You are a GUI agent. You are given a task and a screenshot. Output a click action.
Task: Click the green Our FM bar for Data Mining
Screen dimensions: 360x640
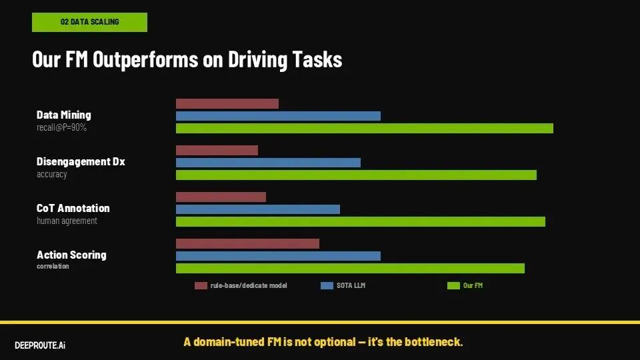(364, 128)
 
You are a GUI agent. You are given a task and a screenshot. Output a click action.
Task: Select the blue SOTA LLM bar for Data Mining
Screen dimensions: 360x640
(278, 116)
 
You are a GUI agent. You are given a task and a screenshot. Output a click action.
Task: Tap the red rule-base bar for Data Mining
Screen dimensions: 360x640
(227, 103)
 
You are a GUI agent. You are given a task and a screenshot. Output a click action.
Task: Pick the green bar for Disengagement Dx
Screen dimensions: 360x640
(356, 175)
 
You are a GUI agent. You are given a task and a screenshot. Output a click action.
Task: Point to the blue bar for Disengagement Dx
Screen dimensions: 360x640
(268, 163)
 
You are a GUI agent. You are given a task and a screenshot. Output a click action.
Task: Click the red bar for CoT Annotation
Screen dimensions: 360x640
(221, 197)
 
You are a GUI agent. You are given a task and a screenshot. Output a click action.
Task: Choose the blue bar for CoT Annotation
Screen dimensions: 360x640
(257, 209)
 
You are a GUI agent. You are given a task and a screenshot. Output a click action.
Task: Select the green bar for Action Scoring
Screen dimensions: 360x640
(350, 268)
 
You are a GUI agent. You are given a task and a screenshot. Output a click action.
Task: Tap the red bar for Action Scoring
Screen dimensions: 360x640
(247, 243)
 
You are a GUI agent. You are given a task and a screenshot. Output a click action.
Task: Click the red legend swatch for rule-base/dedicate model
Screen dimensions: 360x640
(201, 286)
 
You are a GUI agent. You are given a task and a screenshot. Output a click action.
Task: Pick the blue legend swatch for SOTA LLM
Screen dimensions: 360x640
(327, 286)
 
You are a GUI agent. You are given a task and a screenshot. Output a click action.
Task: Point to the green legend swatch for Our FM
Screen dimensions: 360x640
(453, 286)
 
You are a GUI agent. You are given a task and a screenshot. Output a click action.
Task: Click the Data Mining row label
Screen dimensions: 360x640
(64, 115)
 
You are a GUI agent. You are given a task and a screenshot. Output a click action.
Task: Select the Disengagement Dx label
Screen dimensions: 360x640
(81, 161)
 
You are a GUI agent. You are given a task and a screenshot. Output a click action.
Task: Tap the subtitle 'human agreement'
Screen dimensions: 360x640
(67, 221)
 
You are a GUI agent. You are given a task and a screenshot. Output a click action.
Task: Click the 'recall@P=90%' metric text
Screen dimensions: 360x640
(61, 127)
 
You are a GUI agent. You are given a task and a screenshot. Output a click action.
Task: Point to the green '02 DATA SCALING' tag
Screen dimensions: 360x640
(89, 22)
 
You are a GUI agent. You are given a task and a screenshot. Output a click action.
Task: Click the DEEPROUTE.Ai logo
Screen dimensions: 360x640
(40, 345)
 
